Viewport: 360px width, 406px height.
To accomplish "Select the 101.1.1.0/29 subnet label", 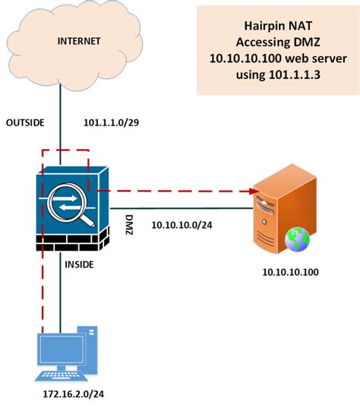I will pos(112,121).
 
